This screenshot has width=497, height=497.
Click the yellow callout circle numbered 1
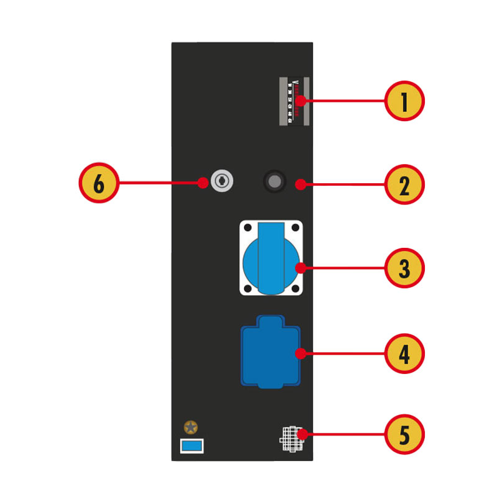404,100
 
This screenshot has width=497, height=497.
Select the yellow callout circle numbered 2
404,184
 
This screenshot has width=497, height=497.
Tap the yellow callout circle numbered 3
404,268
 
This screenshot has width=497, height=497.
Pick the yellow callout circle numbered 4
404,353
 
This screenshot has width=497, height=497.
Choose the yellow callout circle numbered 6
98,183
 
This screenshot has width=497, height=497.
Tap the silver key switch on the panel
220,181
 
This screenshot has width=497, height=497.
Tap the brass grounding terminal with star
191,427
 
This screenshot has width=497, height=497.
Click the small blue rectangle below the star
191,445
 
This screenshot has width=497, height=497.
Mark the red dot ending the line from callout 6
203,183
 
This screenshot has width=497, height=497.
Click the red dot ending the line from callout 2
300,184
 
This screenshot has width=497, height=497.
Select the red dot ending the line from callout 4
300,353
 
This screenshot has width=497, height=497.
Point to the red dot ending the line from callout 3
300,268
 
